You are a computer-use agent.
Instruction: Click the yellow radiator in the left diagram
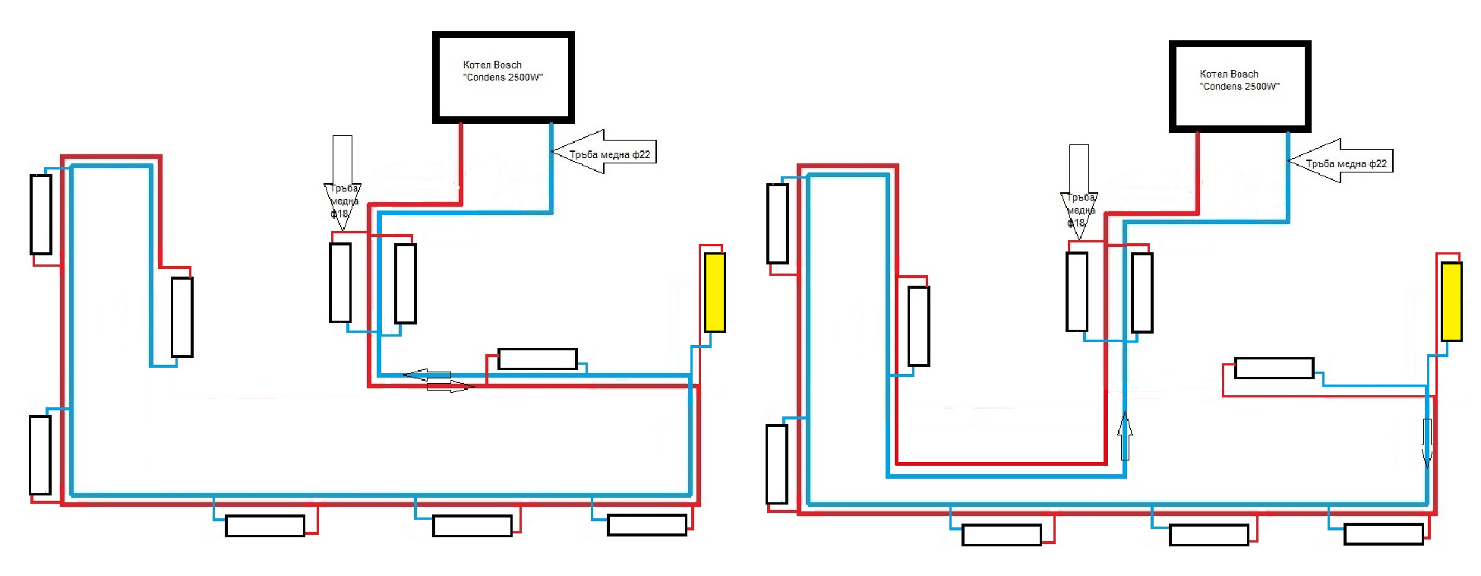pyautogui.click(x=715, y=293)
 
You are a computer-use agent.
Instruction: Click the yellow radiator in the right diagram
pyautogui.click(x=1451, y=302)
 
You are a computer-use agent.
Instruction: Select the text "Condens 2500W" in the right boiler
pyautogui.click(x=1239, y=87)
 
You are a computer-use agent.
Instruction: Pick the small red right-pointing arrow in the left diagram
pyautogui.click(x=450, y=388)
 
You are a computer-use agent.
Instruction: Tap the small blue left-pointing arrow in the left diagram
pyautogui.click(x=427, y=375)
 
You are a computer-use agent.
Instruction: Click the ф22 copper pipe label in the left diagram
pyautogui.click(x=609, y=154)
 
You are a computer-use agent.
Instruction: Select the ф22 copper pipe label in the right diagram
pyautogui.click(x=1346, y=163)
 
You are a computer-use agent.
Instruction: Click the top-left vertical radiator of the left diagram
pyautogui.click(x=41, y=214)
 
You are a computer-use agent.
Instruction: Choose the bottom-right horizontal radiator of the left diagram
pyautogui.click(x=647, y=525)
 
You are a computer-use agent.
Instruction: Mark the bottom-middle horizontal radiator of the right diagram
pyautogui.click(x=1208, y=535)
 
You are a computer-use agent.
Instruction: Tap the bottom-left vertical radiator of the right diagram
pyautogui.click(x=777, y=464)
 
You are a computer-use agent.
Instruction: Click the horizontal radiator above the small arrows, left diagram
pyautogui.click(x=537, y=359)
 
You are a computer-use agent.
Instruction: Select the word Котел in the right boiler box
pyautogui.click(x=1213, y=74)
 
